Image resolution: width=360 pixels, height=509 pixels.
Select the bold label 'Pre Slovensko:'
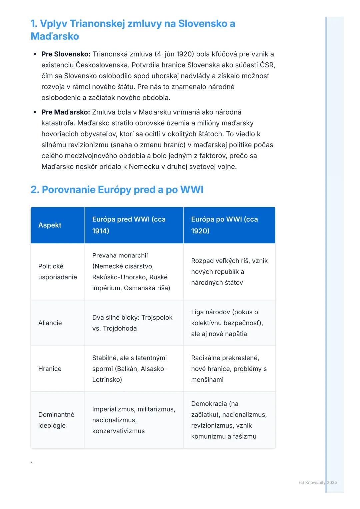pyautogui.click(x=66, y=54)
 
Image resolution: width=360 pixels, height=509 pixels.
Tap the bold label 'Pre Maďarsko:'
pyautogui.click(x=66, y=112)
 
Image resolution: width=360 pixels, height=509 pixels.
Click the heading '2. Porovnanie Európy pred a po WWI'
pyautogui.click(x=117, y=190)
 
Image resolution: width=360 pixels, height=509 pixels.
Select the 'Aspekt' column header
pyautogui.click(x=50, y=225)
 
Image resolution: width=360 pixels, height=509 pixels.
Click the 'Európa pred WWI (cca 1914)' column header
pyautogui.click(x=129, y=225)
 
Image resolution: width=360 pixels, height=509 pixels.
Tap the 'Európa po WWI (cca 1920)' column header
pyautogui.click(x=224, y=225)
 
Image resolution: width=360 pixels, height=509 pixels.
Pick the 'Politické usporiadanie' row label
pyautogui.click(x=57, y=272)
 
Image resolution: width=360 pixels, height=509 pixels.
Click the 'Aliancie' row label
pyautogui.click(x=50, y=323)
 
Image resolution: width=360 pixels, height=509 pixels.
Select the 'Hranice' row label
pyautogui.click(x=50, y=369)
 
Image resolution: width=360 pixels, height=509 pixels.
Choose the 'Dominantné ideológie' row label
pyautogui.click(x=56, y=420)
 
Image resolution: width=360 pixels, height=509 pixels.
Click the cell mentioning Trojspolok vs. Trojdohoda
pyautogui.click(x=132, y=323)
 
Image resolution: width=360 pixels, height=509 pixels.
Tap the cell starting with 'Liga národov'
pyautogui.click(x=227, y=323)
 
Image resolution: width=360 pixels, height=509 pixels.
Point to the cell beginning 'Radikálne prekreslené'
pyautogui.click(x=229, y=369)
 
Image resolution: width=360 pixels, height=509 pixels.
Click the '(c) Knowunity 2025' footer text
pyautogui.click(x=318, y=483)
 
